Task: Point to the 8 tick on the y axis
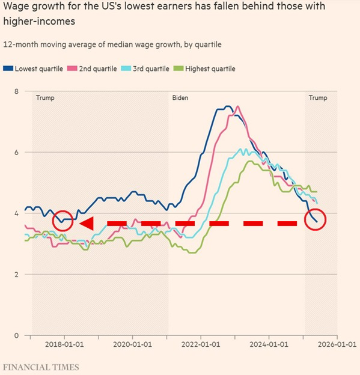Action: (17, 91)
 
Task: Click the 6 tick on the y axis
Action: (17, 153)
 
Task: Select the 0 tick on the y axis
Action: (17, 335)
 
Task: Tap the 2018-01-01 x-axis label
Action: (64, 346)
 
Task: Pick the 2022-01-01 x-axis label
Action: (201, 346)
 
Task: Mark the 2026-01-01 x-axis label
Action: (336, 346)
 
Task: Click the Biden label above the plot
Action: (180, 97)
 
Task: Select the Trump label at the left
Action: (45, 97)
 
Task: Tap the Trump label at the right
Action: (318, 97)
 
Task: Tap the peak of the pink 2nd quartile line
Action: (237, 107)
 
